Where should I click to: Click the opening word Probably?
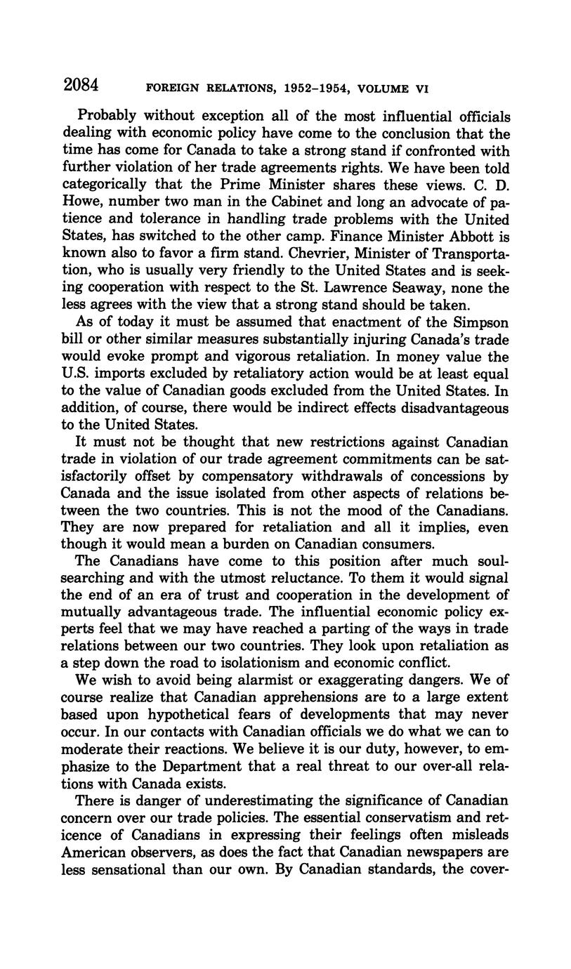107,116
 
